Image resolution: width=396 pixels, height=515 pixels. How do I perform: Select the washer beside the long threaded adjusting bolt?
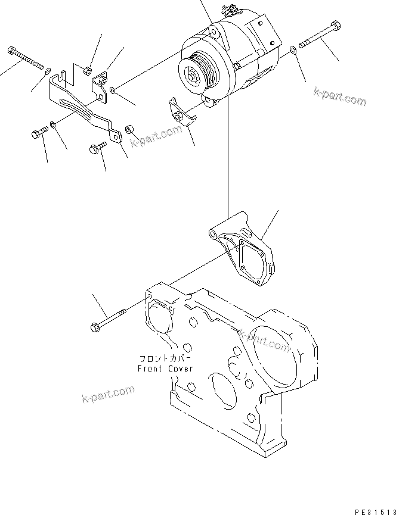pyautogui.click(x=47, y=71)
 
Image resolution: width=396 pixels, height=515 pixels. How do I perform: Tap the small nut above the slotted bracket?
pyautogui.click(x=87, y=68)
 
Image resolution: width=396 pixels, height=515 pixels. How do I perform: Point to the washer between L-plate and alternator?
pyautogui.click(x=113, y=90)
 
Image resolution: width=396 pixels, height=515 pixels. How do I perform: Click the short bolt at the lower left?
pyautogui.click(x=38, y=134)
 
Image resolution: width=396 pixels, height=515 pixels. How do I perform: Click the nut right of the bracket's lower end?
pyautogui.click(x=129, y=128)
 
